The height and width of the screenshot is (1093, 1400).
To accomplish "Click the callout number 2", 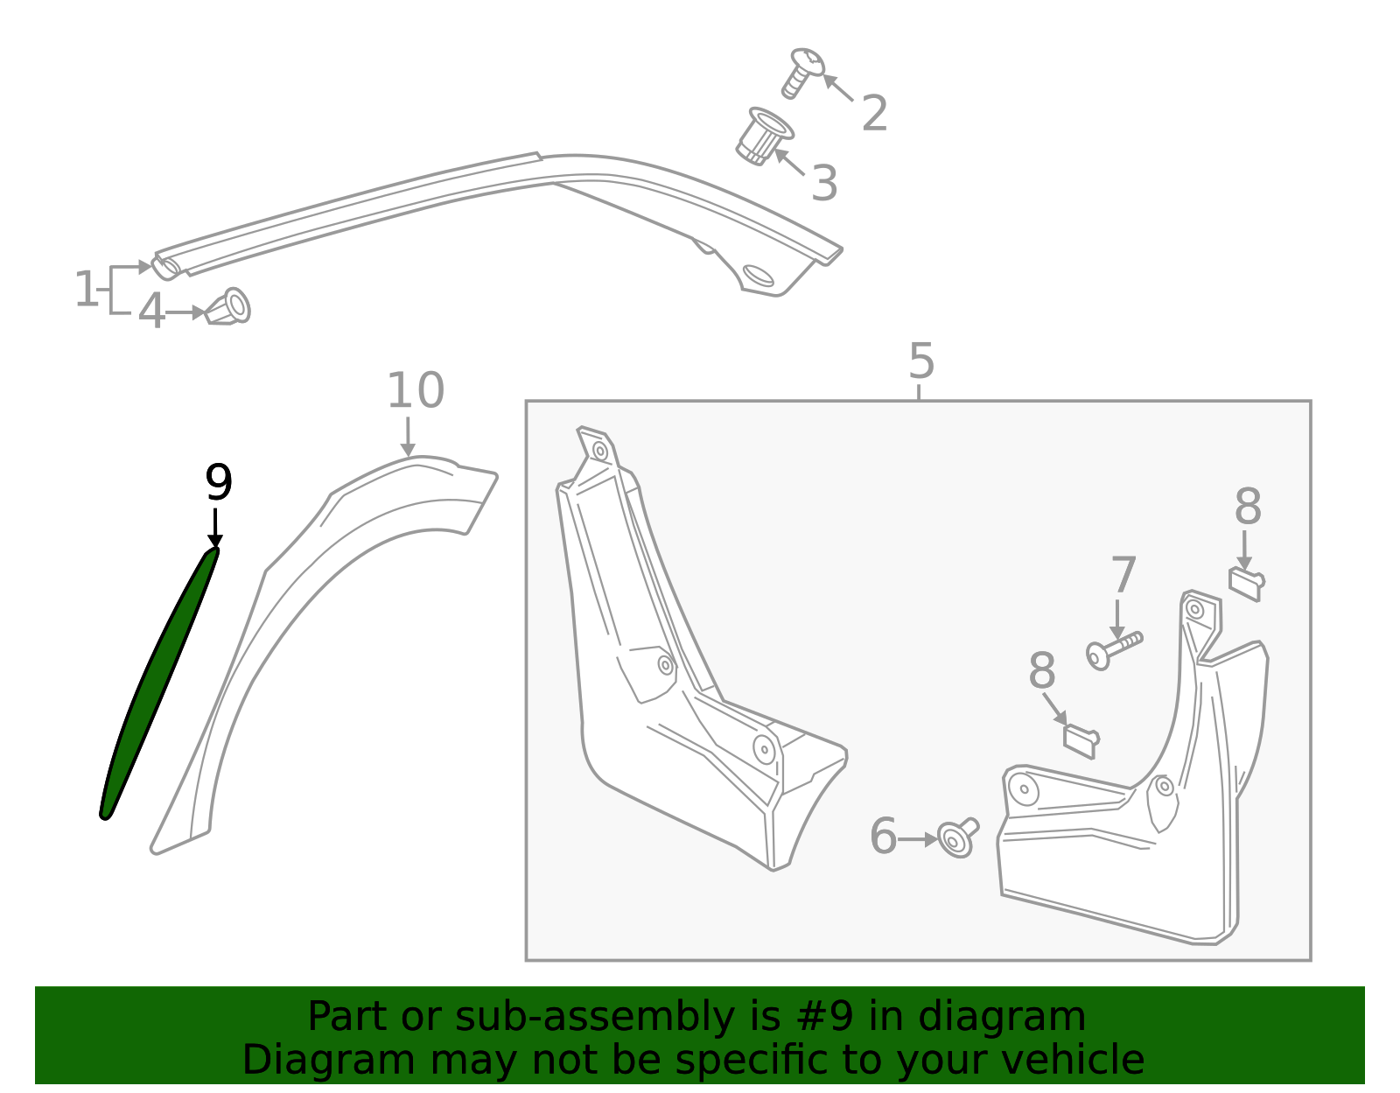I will pyautogui.click(x=874, y=114).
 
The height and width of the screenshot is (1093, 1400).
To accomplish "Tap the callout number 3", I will pyautogui.click(x=824, y=184).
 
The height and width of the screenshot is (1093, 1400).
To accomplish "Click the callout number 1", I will pyautogui.click(x=86, y=290).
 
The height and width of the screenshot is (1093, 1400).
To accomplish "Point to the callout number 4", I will pyautogui.click(x=151, y=312).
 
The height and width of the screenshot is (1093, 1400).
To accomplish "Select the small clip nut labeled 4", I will pyautogui.click(x=230, y=307).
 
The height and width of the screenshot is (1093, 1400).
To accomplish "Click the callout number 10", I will pyautogui.click(x=416, y=390).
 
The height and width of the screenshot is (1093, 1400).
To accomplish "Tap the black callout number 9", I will pyautogui.click(x=219, y=483).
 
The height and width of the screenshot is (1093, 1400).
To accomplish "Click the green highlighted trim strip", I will pyautogui.click(x=157, y=683).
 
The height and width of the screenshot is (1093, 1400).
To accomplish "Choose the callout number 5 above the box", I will pyautogui.click(x=921, y=361).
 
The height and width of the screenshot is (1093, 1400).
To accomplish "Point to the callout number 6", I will pyautogui.click(x=883, y=836).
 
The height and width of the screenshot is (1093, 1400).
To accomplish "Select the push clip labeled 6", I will pyautogui.click(x=956, y=837).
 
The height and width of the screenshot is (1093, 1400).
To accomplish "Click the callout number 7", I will pyautogui.click(x=1123, y=576).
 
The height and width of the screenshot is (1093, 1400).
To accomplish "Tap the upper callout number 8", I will pyautogui.click(x=1248, y=507).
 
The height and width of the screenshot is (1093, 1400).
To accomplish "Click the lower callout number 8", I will pyautogui.click(x=1041, y=672).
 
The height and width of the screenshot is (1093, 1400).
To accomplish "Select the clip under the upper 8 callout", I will pyautogui.click(x=1246, y=583).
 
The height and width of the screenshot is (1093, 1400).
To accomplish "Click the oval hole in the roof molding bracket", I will pyautogui.click(x=759, y=275).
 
